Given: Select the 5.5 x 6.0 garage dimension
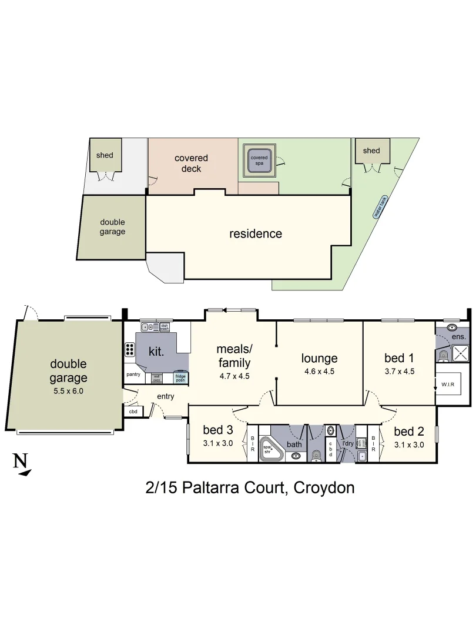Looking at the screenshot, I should pos(68,390).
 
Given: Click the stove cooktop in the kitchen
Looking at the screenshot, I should pos(129,349).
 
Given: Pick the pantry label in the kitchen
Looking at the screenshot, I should pos(133,374).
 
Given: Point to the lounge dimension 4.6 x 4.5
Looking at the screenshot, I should pos(319,372).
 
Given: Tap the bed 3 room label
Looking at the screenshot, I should pos(217,430).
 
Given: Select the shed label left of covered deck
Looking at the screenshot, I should pos(105,155).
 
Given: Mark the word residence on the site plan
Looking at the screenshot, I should pos(255,234).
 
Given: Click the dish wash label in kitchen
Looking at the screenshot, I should pos(165,327).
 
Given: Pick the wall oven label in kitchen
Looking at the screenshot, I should pos(156,379).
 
